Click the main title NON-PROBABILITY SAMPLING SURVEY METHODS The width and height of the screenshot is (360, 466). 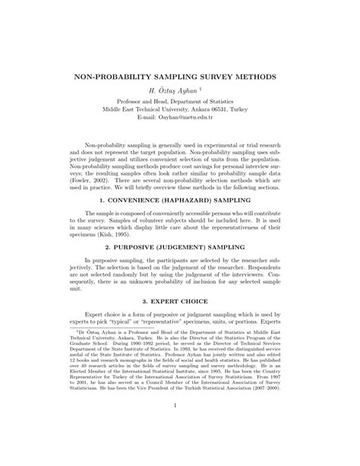(179, 78)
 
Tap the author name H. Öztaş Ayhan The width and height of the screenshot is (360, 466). (176, 90)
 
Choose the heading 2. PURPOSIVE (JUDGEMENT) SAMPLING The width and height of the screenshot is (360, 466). (179, 267)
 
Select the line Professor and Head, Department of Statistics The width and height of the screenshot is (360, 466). (180, 100)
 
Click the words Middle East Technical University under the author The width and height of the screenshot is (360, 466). (144, 109)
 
